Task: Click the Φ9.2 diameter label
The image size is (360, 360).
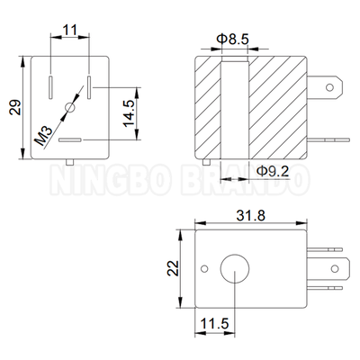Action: coord(273,169)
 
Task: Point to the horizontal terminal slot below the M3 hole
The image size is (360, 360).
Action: coord(70,139)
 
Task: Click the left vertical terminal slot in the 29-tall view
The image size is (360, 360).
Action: coord(51,87)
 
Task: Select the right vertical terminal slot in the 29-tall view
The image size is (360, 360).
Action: coord(89,87)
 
